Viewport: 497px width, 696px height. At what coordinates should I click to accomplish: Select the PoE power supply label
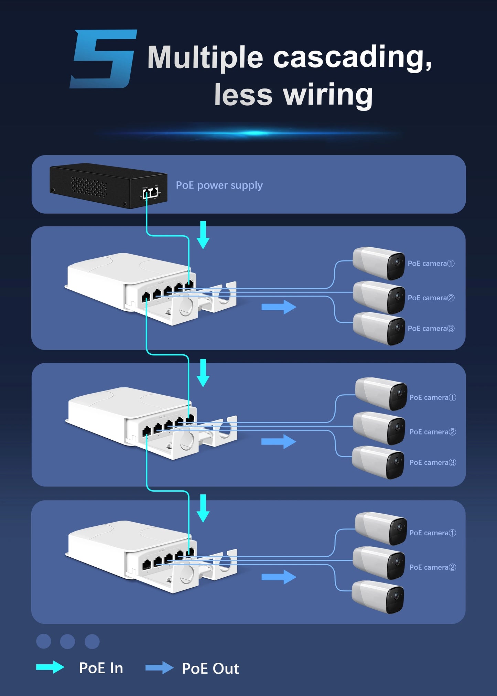coord(219,185)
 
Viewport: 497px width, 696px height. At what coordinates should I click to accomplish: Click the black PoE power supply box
coord(103,186)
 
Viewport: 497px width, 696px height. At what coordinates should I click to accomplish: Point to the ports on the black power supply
coord(150,193)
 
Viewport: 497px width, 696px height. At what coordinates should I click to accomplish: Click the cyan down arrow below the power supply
coord(203,235)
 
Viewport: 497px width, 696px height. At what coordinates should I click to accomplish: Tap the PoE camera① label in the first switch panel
coord(431,264)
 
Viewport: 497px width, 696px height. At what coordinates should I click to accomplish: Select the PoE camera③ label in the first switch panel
coord(431,329)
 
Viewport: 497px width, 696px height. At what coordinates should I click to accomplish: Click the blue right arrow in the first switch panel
coord(279,307)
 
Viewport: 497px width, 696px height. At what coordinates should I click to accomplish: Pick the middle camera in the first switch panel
coord(378,297)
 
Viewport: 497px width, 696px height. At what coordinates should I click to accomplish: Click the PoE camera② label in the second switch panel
coord(432,432)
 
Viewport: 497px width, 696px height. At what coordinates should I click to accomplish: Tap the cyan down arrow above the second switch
coord(203,373)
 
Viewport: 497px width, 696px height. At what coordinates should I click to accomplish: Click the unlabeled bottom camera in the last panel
coord(378,597)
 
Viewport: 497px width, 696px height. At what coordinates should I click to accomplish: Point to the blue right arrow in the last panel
coord(279,577)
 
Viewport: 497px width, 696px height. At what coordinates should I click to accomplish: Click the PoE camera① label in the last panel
coord(432,533)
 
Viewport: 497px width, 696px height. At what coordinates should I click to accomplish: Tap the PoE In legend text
coord(101,668)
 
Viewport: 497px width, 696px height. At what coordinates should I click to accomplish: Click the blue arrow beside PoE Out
coord(159,668)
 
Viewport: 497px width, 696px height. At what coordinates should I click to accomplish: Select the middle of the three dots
coord(67,641)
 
